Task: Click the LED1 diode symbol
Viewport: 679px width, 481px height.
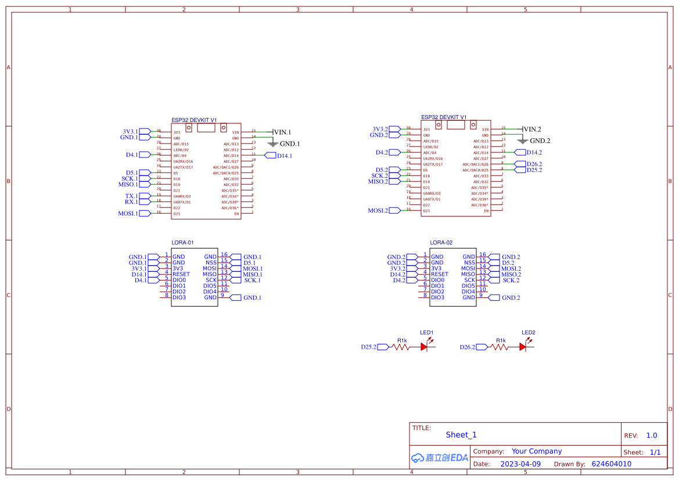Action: (425, 347)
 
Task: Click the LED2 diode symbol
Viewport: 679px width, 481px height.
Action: (523, 347)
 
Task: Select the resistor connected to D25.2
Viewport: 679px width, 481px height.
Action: (401, 347)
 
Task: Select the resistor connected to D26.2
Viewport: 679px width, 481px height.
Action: (500, 347)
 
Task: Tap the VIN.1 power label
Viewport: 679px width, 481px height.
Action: (282, 132)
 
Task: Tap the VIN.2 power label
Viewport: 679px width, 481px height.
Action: (532, 129)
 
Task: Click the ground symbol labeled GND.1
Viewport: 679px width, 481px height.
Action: (272, 143)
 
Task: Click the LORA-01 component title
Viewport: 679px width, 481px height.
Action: (182, 242)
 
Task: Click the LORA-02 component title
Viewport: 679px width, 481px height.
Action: (441, 242)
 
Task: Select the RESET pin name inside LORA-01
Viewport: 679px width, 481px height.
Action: (181, 274)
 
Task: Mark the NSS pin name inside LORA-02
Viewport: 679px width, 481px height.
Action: (469, 263)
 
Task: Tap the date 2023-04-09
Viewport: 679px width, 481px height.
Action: (520, 464)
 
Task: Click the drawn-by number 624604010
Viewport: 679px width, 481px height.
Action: (611, 464)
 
